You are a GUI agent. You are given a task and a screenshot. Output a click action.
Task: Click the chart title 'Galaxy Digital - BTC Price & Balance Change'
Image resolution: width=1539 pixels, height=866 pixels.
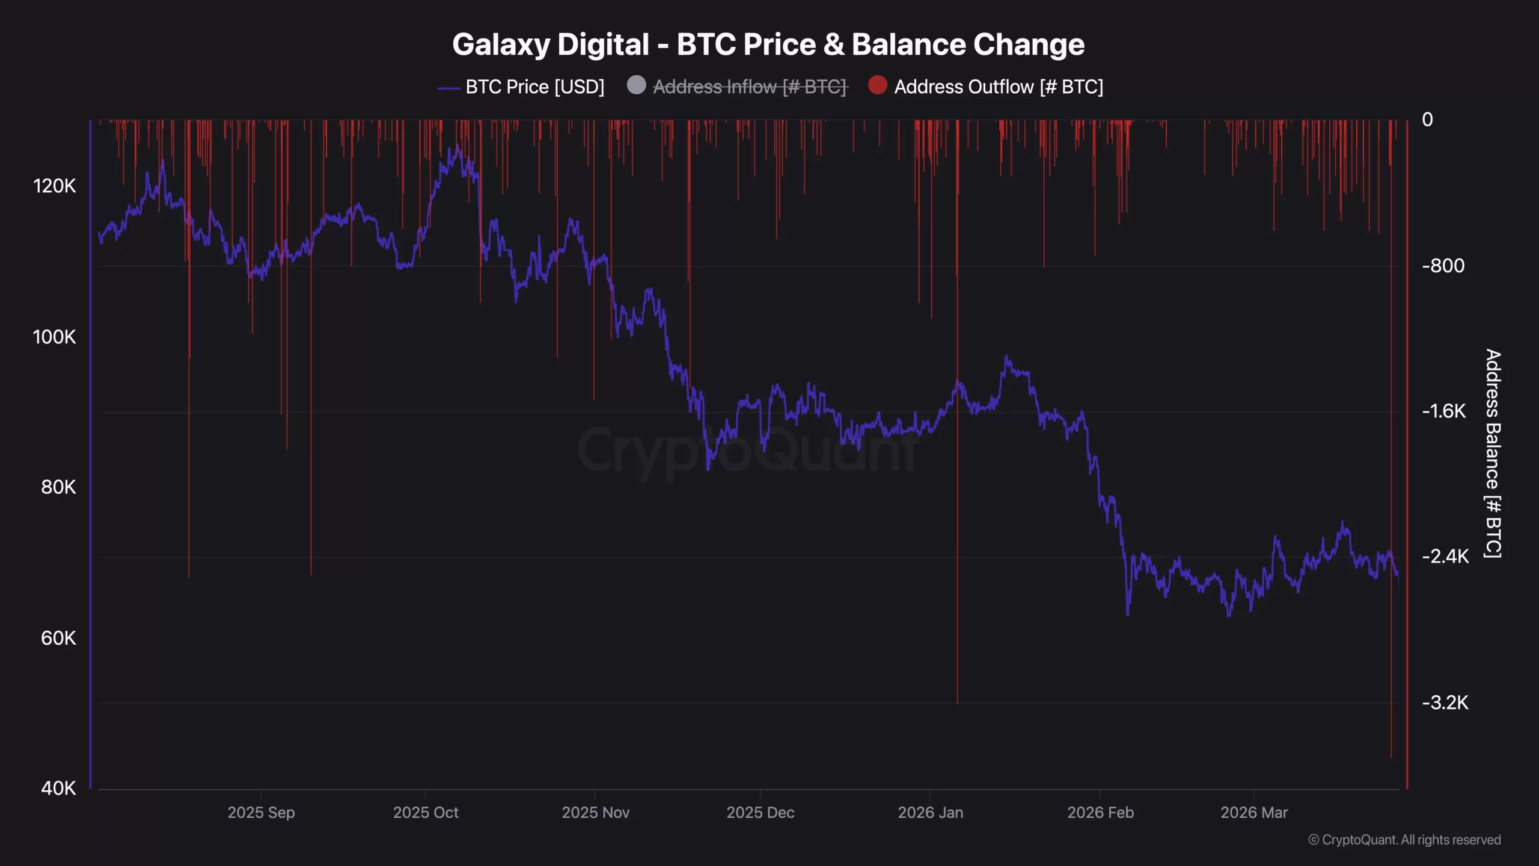[x=768, y=45]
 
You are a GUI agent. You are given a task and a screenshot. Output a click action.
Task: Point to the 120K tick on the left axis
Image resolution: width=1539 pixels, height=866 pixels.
[x=55, y=186]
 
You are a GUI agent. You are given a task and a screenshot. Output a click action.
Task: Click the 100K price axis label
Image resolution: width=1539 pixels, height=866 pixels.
[x=55, y=337]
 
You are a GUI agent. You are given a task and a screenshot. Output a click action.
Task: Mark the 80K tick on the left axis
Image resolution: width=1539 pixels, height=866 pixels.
[x=58, y=487]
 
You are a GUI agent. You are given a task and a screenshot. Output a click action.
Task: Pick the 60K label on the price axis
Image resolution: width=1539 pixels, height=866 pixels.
[x=58, y=638]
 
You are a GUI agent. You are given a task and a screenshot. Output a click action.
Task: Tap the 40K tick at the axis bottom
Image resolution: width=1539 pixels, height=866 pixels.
[x=58, y=788]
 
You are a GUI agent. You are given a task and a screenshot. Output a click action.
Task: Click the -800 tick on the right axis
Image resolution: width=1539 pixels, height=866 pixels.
[x=1443, y=266]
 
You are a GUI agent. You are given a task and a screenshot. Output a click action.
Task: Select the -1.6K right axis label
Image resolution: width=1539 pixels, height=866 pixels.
[x=1444, y=411]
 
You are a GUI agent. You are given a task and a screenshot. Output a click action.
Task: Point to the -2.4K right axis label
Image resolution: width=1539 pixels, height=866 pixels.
[x=1445, y=557]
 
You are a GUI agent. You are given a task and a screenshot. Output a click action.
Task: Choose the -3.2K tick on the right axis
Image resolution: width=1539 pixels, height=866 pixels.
[x=1445, y=702]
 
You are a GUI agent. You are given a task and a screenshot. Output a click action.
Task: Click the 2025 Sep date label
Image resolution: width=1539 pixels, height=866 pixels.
[x=261, y=813]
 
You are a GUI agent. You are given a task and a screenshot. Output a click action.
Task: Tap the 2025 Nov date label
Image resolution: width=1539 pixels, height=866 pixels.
[x=595, y=813]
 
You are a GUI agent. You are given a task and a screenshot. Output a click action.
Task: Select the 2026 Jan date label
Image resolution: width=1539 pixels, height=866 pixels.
[x=930, y=813]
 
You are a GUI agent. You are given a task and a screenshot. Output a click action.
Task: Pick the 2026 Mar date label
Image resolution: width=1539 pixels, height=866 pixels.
[x=1254, y=813]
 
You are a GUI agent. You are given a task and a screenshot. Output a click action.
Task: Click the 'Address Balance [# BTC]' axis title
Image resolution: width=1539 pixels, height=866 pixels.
[x=1493, y=454]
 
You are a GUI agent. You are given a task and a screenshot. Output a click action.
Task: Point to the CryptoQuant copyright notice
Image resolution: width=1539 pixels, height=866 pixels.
[x=1404, y=840]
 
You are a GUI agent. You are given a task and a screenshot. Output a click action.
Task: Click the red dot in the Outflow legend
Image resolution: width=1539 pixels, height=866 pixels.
[x=878, y=85]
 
